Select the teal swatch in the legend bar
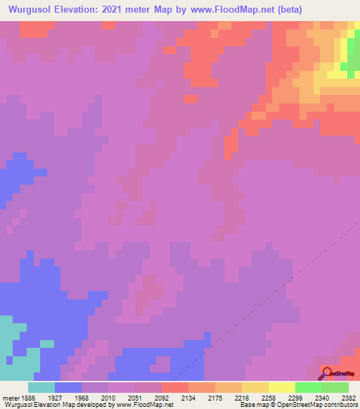[x=41, y=387]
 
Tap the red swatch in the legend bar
[x=174, y=387]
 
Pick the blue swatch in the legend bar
[x=67, y=387]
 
